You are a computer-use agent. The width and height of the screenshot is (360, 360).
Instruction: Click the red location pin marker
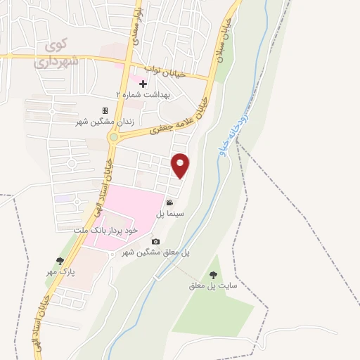click(181, 165)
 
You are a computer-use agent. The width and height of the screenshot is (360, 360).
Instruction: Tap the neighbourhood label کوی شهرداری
click(58, 54)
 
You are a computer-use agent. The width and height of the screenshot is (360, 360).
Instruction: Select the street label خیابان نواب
click(167, 72)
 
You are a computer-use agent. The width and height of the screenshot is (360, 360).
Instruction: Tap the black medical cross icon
click(143, 84)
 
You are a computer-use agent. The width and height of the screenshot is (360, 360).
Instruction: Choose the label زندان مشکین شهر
click(105, 122)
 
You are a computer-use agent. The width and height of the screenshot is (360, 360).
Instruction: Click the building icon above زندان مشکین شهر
click(105, 111)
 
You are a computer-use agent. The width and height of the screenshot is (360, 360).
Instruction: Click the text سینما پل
click(169, 213)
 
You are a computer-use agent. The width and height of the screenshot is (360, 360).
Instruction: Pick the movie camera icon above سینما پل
click(169, 202)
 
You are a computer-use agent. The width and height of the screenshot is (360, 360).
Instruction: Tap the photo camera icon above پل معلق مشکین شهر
click(155, 242)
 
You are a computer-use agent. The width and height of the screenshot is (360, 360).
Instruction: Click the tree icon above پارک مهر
click(60, 261)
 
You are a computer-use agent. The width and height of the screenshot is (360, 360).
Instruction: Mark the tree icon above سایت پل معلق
click(213, 275)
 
